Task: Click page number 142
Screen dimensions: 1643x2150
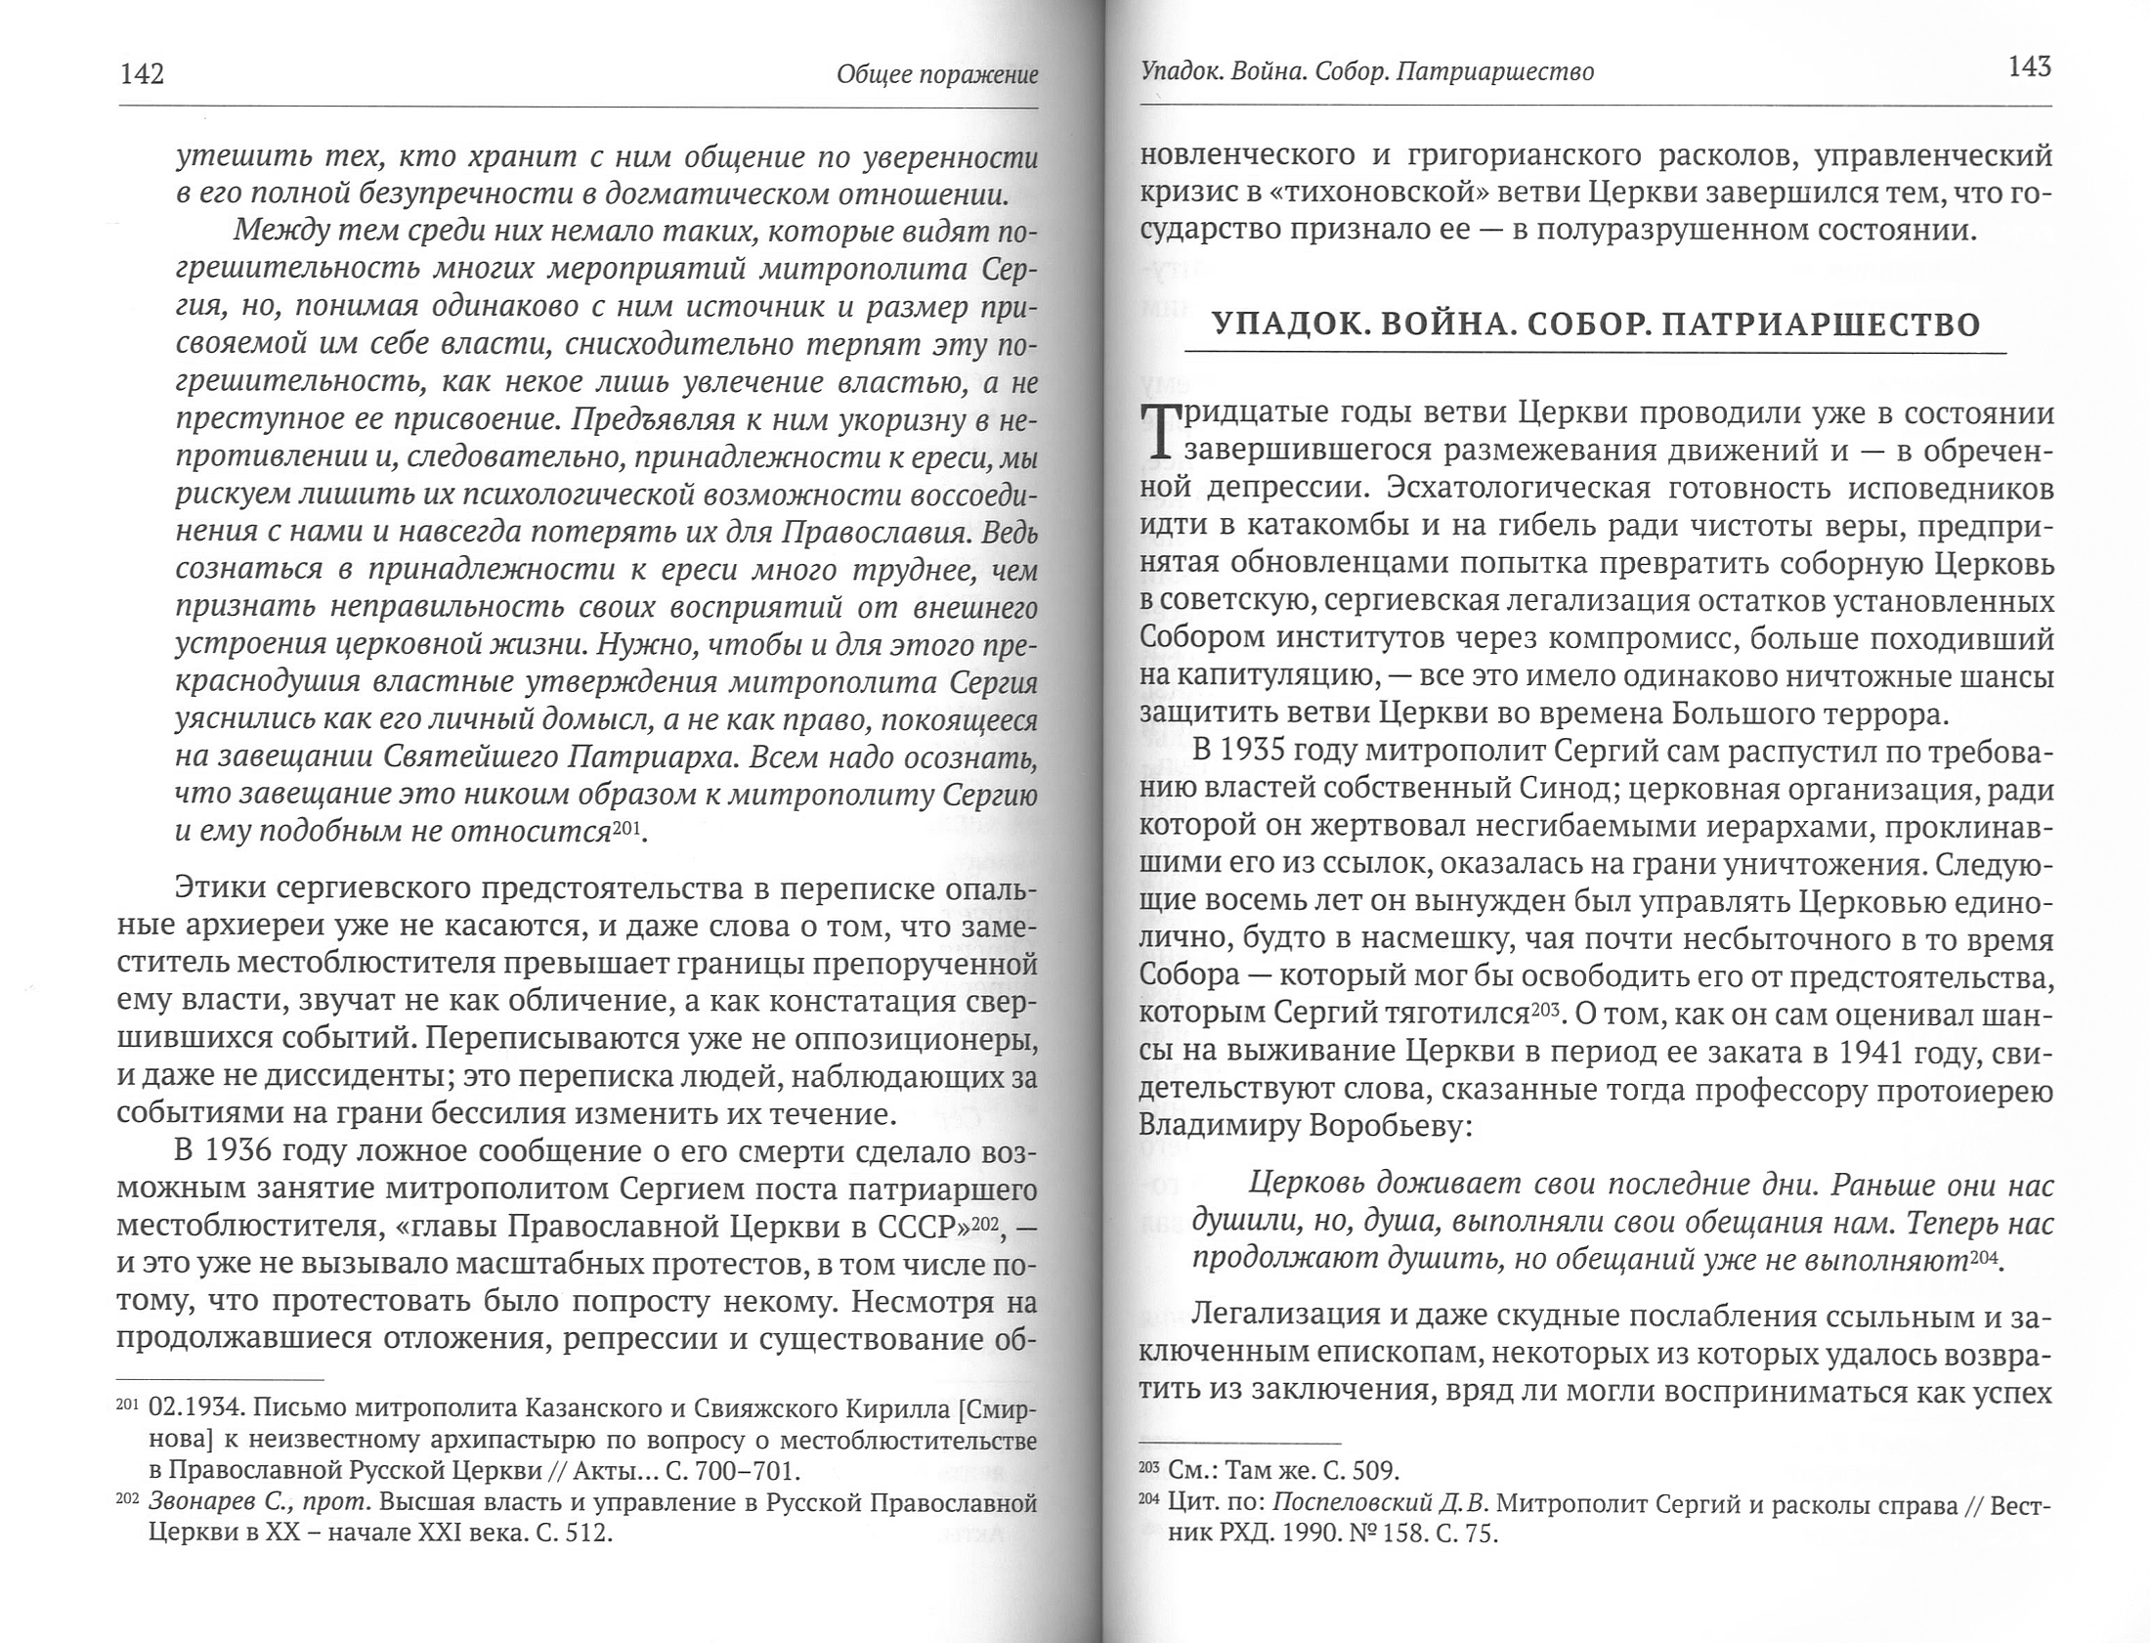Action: (142, 75)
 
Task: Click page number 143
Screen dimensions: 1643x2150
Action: (2029, 67)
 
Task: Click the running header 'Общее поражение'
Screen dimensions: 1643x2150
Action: (936, 75)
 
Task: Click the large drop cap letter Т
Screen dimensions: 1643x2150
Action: (1159, 432)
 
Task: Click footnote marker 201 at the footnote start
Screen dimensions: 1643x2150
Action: (128, 1405)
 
